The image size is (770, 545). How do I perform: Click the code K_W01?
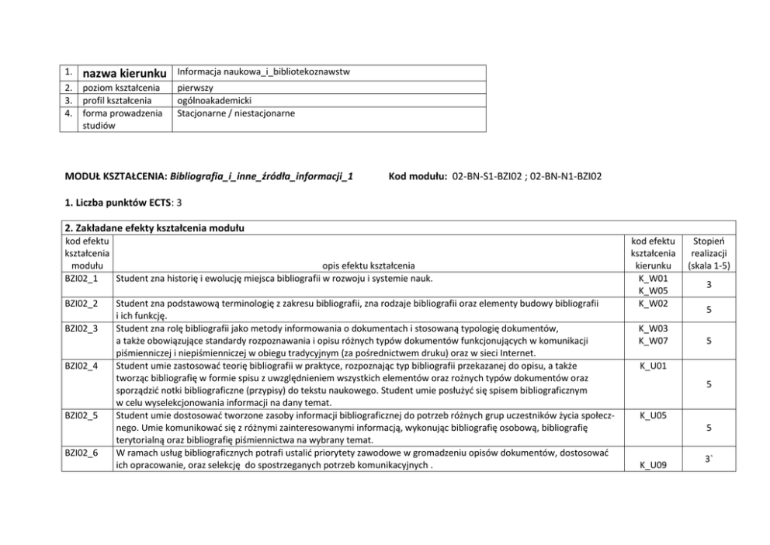coord(653,278)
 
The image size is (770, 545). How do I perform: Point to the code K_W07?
coord(653,340)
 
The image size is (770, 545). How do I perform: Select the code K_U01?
coord(653,364)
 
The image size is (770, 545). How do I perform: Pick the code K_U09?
coord(653,466)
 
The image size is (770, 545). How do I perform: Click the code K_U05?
coord(653,416)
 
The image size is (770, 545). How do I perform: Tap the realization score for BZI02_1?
coord(708,285)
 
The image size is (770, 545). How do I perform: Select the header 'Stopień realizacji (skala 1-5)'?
coord(708,253)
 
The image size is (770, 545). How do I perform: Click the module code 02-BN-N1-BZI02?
coord(566,177)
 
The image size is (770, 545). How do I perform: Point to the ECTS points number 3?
coord(180,203)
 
